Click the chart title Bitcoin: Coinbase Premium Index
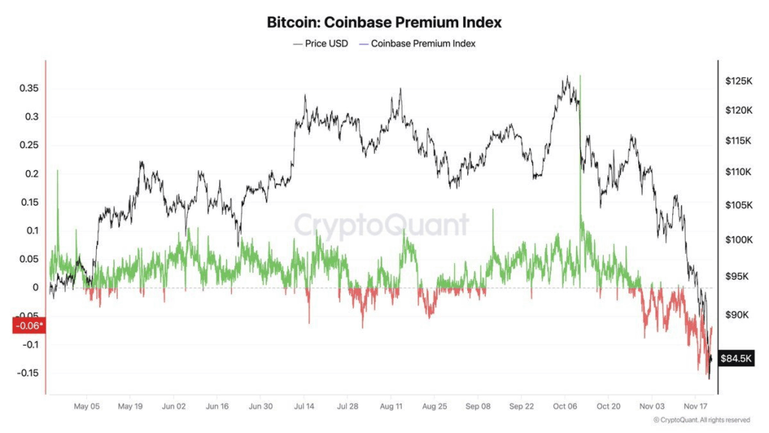(x=384, y=23)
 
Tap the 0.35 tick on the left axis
(x=29, y=89)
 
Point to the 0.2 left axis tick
(x=31, y=174)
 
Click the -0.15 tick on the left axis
(x=27, y=374)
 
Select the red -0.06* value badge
(x=29, y=326)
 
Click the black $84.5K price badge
(x=736, y=359)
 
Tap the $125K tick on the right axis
(x=738, y=80)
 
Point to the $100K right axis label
(x=738, y=240)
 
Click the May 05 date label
(x=87, y=407)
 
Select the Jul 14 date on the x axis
(x=304, y=407)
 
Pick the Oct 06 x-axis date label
(x=565, y=407)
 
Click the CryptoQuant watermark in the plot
(x=381, y=225)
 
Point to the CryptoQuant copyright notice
(x=701, y=420)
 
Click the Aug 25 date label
(x=435, y=407)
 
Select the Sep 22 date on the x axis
(x=521, y=407)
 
